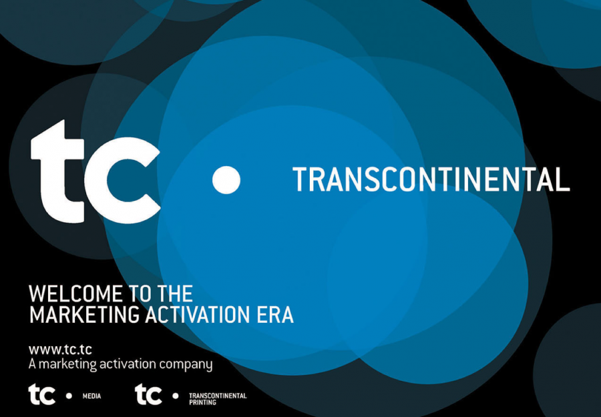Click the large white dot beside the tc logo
click(x=226, y=180)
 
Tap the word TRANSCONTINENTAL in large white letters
click(x=431, y=179)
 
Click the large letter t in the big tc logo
click(x=57, y=171)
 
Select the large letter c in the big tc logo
click(x=123, y=180)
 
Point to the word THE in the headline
click(x=175, y=294)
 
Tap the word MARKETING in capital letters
click(x=85, y=315)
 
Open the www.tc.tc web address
click(x=60, y=350)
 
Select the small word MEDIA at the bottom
click(x=92, y=396)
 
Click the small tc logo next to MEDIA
click(x=42, y=394)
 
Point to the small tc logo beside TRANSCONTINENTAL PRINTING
click(x=148, y=394)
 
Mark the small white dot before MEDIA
click(x=69, y=396)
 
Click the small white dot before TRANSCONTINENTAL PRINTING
click(x=176, y=396)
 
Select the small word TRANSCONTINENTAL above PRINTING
click(x=218, y=396)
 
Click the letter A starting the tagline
click(x=32, y=364)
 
